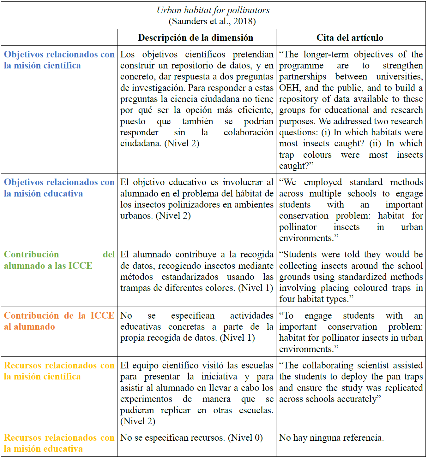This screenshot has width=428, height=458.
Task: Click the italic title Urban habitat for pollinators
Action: (x=213, y=10)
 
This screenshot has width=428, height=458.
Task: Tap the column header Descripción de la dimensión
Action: (x=196, y=38)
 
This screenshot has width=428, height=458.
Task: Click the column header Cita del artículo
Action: (x=350, y=38)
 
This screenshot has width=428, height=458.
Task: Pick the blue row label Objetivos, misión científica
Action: (x=59, y=60)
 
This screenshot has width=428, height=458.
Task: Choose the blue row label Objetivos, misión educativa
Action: (x=59, y=188)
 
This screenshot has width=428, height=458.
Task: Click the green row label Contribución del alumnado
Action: (x=59, y=260)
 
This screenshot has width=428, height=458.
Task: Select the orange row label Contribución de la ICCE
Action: (x=59, y=321)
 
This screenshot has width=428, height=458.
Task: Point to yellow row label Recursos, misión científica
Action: (x=59, y=371)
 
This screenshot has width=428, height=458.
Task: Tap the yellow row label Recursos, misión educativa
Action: (x=59, y=443)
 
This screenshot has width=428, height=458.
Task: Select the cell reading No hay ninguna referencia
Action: (x=331, y=438)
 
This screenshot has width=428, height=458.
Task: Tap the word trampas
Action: (x=136, y=288)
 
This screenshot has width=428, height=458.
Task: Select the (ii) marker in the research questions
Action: (x=375, y=144)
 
